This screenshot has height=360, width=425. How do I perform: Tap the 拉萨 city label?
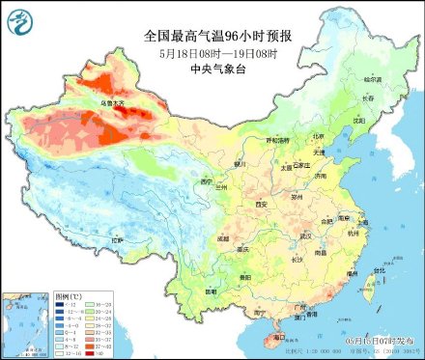[117, 239]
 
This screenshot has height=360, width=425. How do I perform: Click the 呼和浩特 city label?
[277, 140]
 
